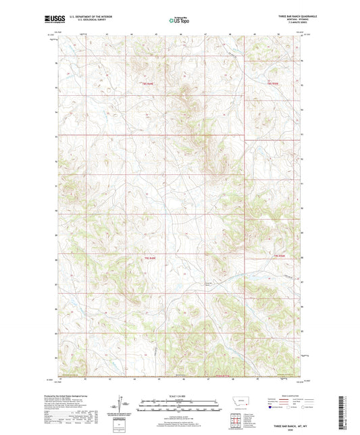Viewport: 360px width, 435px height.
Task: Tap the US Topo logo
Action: tap(180, 20)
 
